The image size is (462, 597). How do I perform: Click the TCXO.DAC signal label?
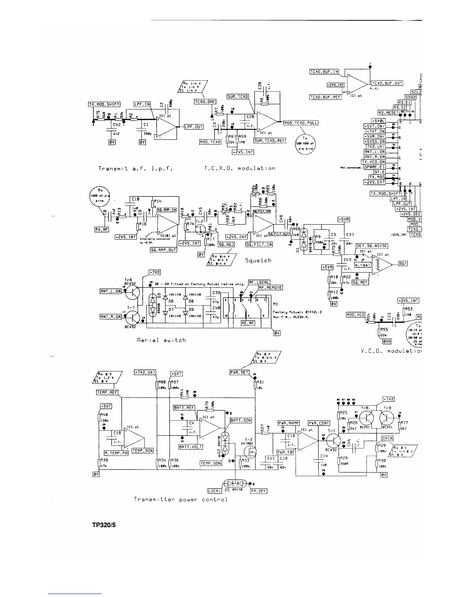click(x=205, y=102)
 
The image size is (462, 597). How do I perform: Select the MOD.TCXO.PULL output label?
click(x=301, y=122)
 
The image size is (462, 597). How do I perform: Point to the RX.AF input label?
click(x=102, y=229)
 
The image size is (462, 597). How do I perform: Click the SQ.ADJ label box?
click(x=226, y=245)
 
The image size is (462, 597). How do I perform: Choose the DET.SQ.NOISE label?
click(x=372, y=246)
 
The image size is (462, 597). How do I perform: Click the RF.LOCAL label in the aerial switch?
click(x=259, y=282)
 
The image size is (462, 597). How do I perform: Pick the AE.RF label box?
click(x=248, y=323)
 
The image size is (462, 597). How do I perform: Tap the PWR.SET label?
click(x=240, y=373)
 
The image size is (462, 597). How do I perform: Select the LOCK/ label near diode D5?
click(x=214, y=491)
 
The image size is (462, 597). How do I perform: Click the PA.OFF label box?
click(x=259, y=491)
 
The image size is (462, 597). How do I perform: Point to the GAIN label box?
click(x=388, y=438)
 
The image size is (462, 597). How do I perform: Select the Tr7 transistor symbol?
click(x=132, y=316)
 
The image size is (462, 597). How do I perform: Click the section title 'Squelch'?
click(x=258, y=260)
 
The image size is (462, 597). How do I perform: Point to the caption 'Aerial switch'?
click(x=161, y=340)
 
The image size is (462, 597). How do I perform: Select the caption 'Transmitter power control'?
click(x=181, y=499)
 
